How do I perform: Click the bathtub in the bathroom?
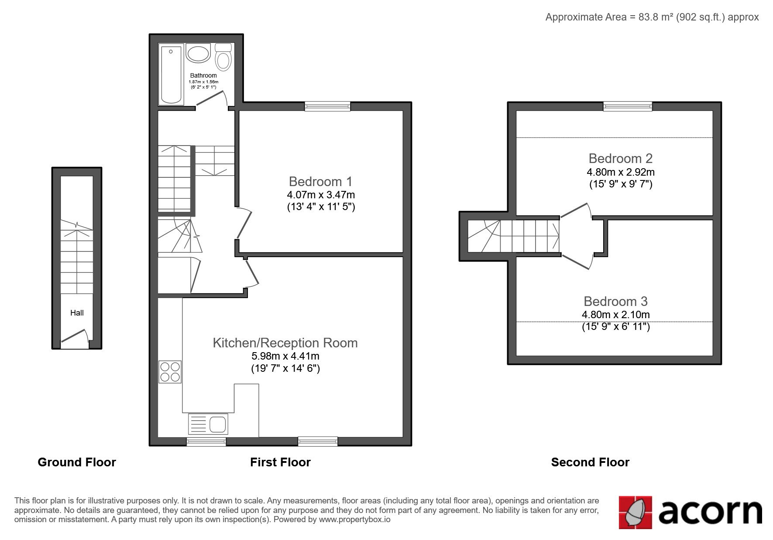coord(172,74)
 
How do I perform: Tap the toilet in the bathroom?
coord(223,57)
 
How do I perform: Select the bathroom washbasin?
coord(198,54)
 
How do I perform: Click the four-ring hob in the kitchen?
coord(170,372)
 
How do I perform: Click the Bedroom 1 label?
coord(320,181)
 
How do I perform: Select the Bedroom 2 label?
coord(620,158)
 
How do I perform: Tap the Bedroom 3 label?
coord(615,301)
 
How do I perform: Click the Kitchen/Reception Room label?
coord(285,343)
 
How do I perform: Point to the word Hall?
coord(77,312)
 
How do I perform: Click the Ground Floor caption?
coord(77,462)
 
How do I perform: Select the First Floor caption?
coord(280,462)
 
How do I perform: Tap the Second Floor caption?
coord(590,462)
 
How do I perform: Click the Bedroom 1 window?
coord(327,106)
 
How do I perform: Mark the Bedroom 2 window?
coord(628,106)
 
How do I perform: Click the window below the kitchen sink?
coord(206,442)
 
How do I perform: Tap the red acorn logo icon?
coord(636,513)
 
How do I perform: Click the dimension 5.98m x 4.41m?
coord(285,356)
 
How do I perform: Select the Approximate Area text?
coord(652,17)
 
